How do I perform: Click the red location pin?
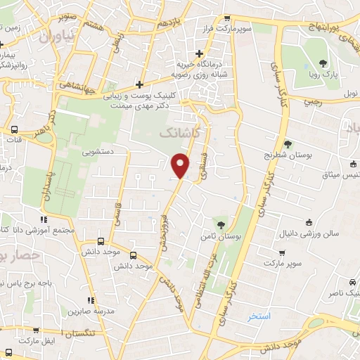tap(181, 165)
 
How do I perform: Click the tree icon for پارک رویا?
tap(323, 64)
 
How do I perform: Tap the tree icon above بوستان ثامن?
tap(221, 225)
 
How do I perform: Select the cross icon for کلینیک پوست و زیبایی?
tap(141, 84)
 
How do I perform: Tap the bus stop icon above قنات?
tap(14, 129)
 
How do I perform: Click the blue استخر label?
tap(259, 317)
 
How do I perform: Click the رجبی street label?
tap(311, 101)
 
